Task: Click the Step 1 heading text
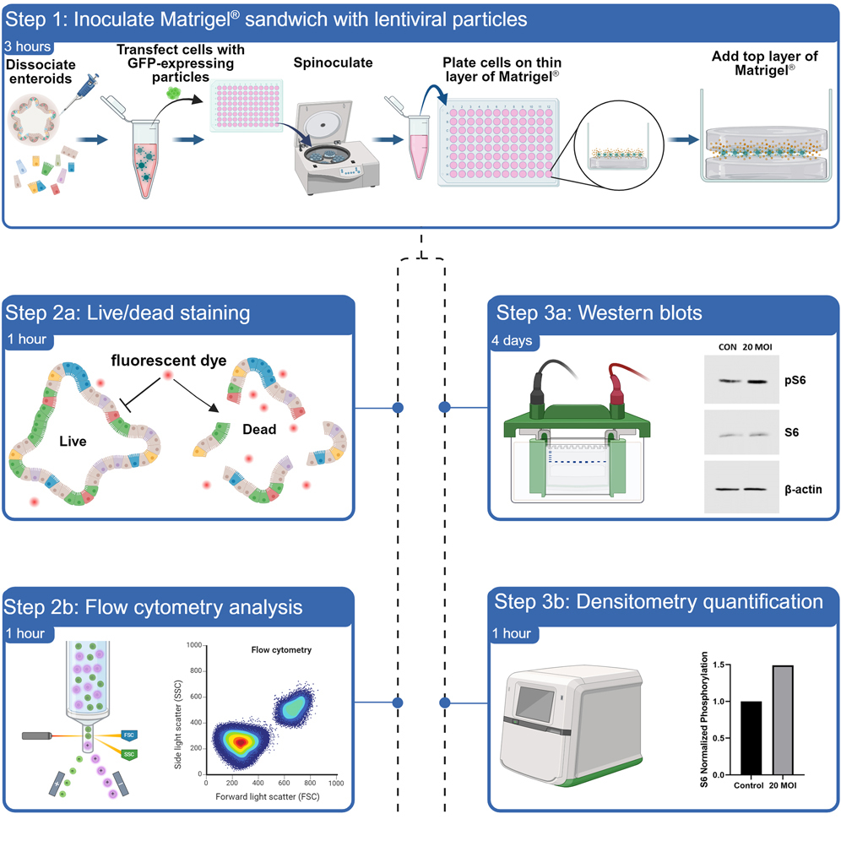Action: point(266,18)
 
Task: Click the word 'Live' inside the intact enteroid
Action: point(73,441)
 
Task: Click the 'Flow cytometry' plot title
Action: point(280,650)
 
